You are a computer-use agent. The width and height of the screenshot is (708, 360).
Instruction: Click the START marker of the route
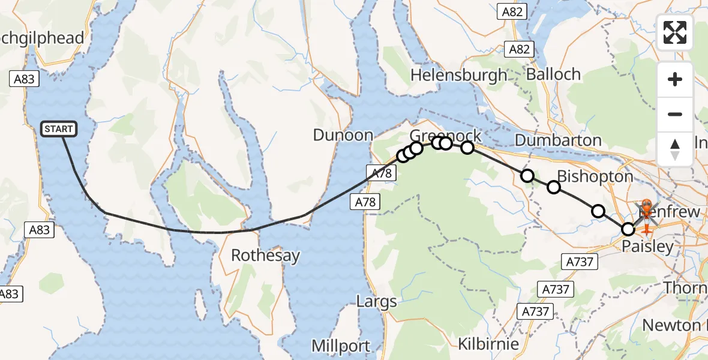(x=59, y=129)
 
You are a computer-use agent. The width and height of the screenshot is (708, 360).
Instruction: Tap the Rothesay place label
(x=265, y=256)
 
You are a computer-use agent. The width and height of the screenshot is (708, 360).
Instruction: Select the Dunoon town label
(x=344, y=135)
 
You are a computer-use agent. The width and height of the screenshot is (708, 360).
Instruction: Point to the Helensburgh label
(x=459, y=75)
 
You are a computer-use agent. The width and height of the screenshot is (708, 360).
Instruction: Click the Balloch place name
(x=553, y=74)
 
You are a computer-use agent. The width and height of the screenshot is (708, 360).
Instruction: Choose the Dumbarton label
(x=558, y=140)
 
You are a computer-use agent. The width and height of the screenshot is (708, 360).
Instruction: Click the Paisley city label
(x=647, y=247)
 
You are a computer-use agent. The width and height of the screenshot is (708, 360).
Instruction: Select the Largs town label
(x=377, y=301)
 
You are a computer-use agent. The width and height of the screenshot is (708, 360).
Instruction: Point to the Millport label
(x=341, y=346)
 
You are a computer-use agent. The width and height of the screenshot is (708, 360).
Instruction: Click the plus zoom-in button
(x=675, y=79)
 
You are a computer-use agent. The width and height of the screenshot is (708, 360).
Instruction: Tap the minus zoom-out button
(x=675, y=114)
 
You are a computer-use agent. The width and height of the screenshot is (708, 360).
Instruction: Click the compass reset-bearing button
(x=675, y=149)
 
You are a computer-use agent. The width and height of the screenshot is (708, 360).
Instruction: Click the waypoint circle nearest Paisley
(x=628, y=229)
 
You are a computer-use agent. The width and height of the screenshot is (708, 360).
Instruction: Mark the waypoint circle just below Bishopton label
(x=554, y=187)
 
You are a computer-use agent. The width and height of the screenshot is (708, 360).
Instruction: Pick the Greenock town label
(x=446, y=134)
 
